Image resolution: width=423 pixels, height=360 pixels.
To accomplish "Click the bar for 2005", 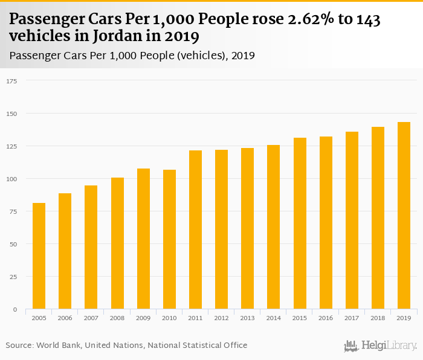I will click(x=39, y=256).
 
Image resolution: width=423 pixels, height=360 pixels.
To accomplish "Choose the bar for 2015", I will click(x=300, y=223).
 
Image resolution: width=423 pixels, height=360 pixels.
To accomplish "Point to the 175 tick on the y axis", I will click(x=12, y=81).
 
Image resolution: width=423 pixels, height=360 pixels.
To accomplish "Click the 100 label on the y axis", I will click(x=12, y=179).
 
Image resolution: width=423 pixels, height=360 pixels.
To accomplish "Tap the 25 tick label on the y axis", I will click(x=13, y=277).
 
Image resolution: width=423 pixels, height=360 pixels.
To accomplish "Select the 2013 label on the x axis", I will click(x=247, y=318).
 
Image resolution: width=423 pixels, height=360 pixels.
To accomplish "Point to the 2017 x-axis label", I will click(x=352, y=318).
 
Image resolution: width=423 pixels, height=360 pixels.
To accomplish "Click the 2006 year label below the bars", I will click(x=65, y=318).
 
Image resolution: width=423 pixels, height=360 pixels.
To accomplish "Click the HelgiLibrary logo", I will click(x=380, y=346).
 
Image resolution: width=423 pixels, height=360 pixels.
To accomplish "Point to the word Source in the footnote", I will click(x=19, y=346).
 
